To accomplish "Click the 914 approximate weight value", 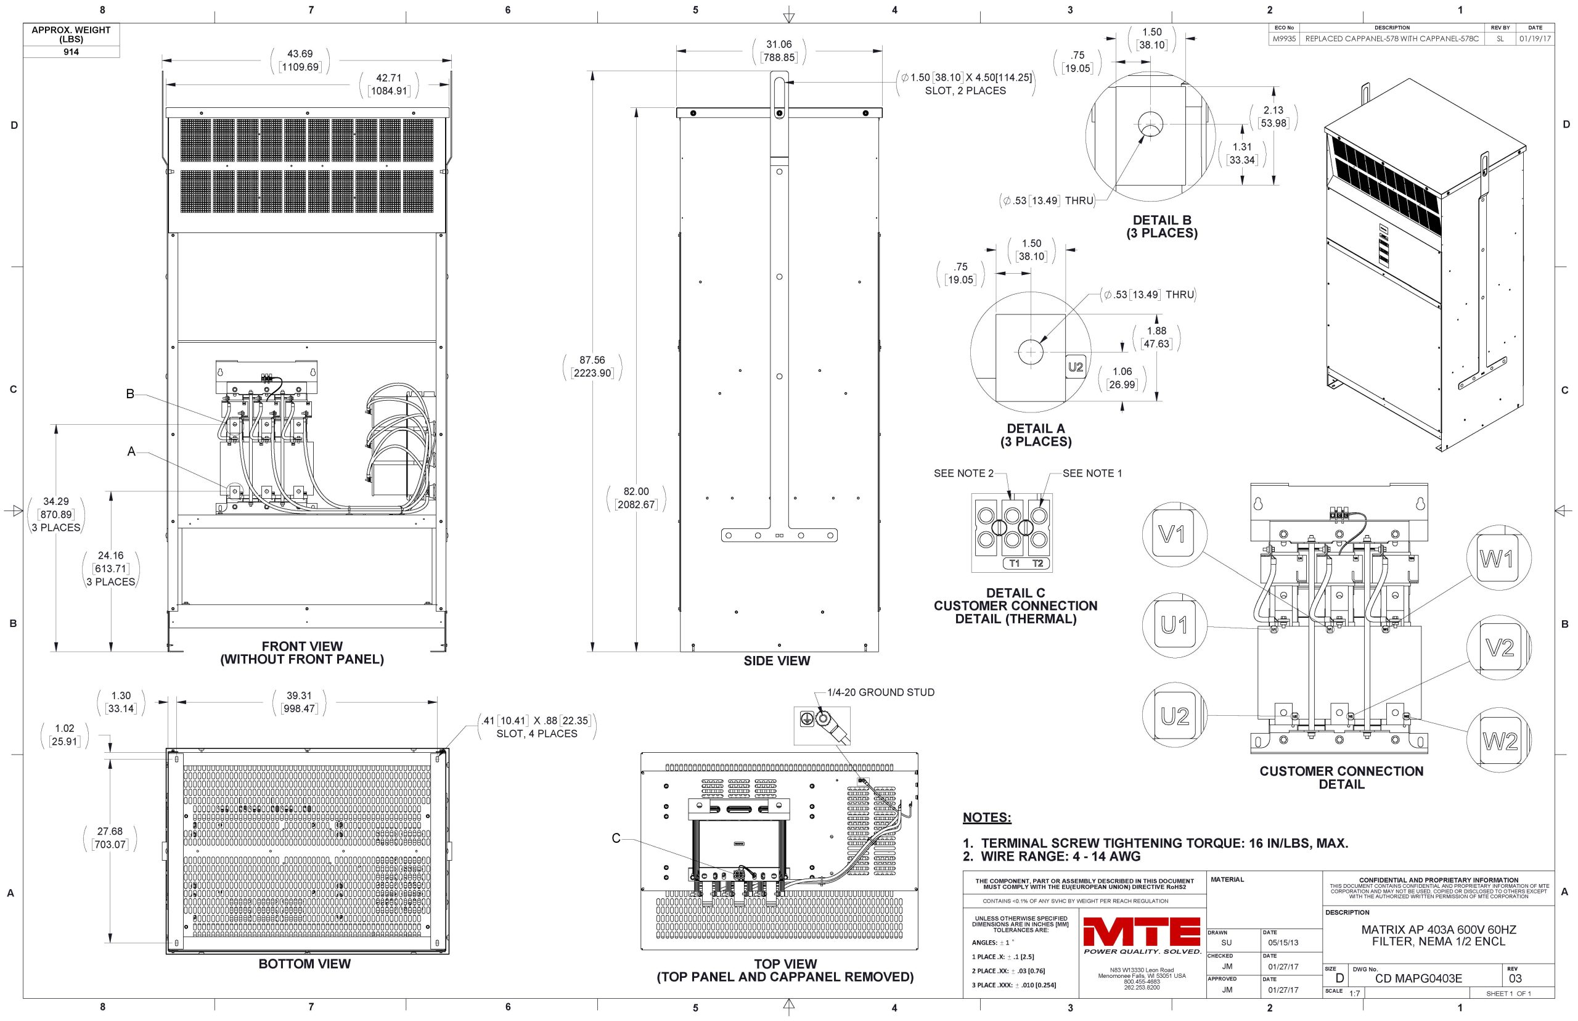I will click(x=71, y=52).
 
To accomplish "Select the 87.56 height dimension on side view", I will click(x=592, y=361).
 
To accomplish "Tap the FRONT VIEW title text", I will click(x=302, y=646).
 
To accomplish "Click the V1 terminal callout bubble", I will click(x=1174, y=534).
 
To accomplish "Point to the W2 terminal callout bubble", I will click(x=1500, y=740).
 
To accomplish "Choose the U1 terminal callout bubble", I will click(x=1174, y=625).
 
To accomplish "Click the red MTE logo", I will click(x=1141, y=932).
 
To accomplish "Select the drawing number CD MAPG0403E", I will click(x=1418, y=978).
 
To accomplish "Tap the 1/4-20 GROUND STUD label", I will click(x=881, y=692).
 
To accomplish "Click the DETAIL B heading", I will click(x=1162, y=221).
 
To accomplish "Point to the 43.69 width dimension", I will click(x=300, y=54).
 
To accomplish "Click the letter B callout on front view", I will click(x=131, y=394).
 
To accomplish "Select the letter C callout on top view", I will click(x=616, y=839).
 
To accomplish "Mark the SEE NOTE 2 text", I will click(x=963, y=474).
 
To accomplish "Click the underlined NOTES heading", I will click(x=987, y=818).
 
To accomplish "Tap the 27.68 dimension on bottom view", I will click(x=110, y=831).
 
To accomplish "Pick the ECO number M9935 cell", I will click(x=1284, y=38).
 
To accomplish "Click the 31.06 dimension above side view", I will click(x=779, y=44).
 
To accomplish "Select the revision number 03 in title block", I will click(x=1515, y=978).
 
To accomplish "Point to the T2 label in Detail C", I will click(x=1038, y=564).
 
